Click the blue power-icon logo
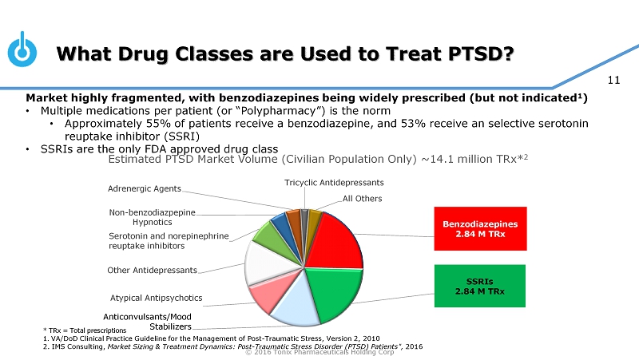tap(22, 50)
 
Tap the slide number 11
tap(614, 79)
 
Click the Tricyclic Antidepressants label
tap(334, 183)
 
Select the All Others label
tap(363, 198)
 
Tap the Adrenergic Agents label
tap(144, 188)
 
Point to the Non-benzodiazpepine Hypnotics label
tap(152, 217)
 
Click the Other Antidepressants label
tap(152, 270)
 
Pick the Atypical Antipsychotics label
tap(156, 298)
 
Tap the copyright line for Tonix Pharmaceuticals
tap(319, 353)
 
